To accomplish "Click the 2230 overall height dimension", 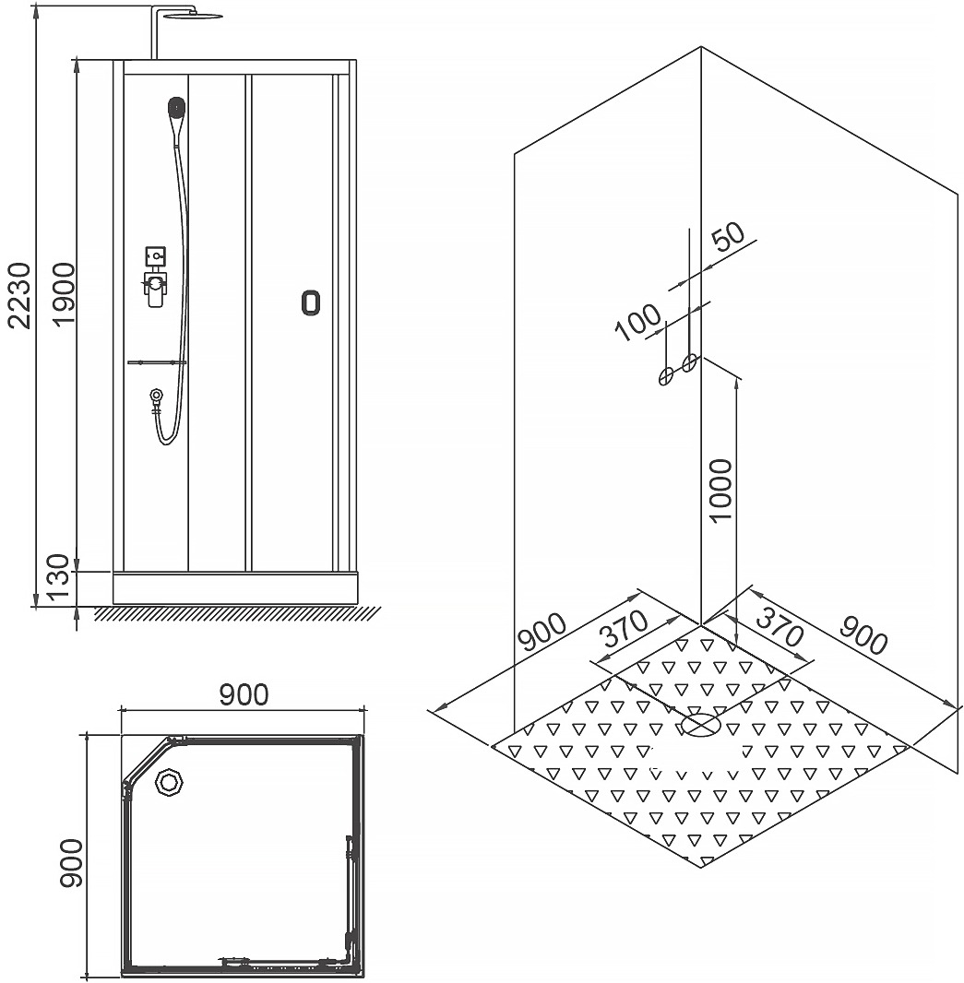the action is click(20, 295).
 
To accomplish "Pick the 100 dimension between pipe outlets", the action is click(637, 322).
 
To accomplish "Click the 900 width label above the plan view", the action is click(244, 694).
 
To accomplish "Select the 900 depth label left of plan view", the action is click(71, 862).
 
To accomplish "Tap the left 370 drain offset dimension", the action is click(623, 630).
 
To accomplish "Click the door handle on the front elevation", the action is click(311, 302).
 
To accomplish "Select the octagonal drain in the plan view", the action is click(168, 782).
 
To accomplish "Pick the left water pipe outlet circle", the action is click(665, 376).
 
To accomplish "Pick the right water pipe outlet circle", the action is click(690, 362).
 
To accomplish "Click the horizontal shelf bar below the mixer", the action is click(158, 362).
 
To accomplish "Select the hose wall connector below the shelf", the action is click(156, 397).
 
